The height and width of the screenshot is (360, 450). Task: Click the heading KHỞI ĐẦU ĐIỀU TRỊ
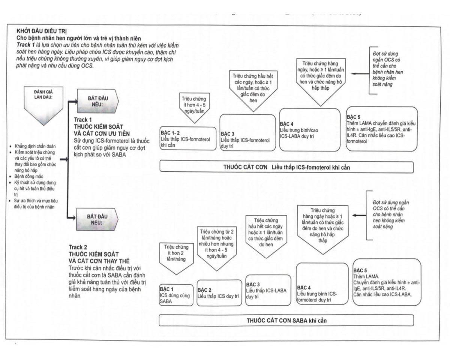(x=42, y=30)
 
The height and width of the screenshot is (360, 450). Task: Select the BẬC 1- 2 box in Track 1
(x=188, y=139)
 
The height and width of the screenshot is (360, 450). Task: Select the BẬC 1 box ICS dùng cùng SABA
(x=176, y=295)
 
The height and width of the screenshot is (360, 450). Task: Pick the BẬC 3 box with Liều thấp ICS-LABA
(x=268, y=290)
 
